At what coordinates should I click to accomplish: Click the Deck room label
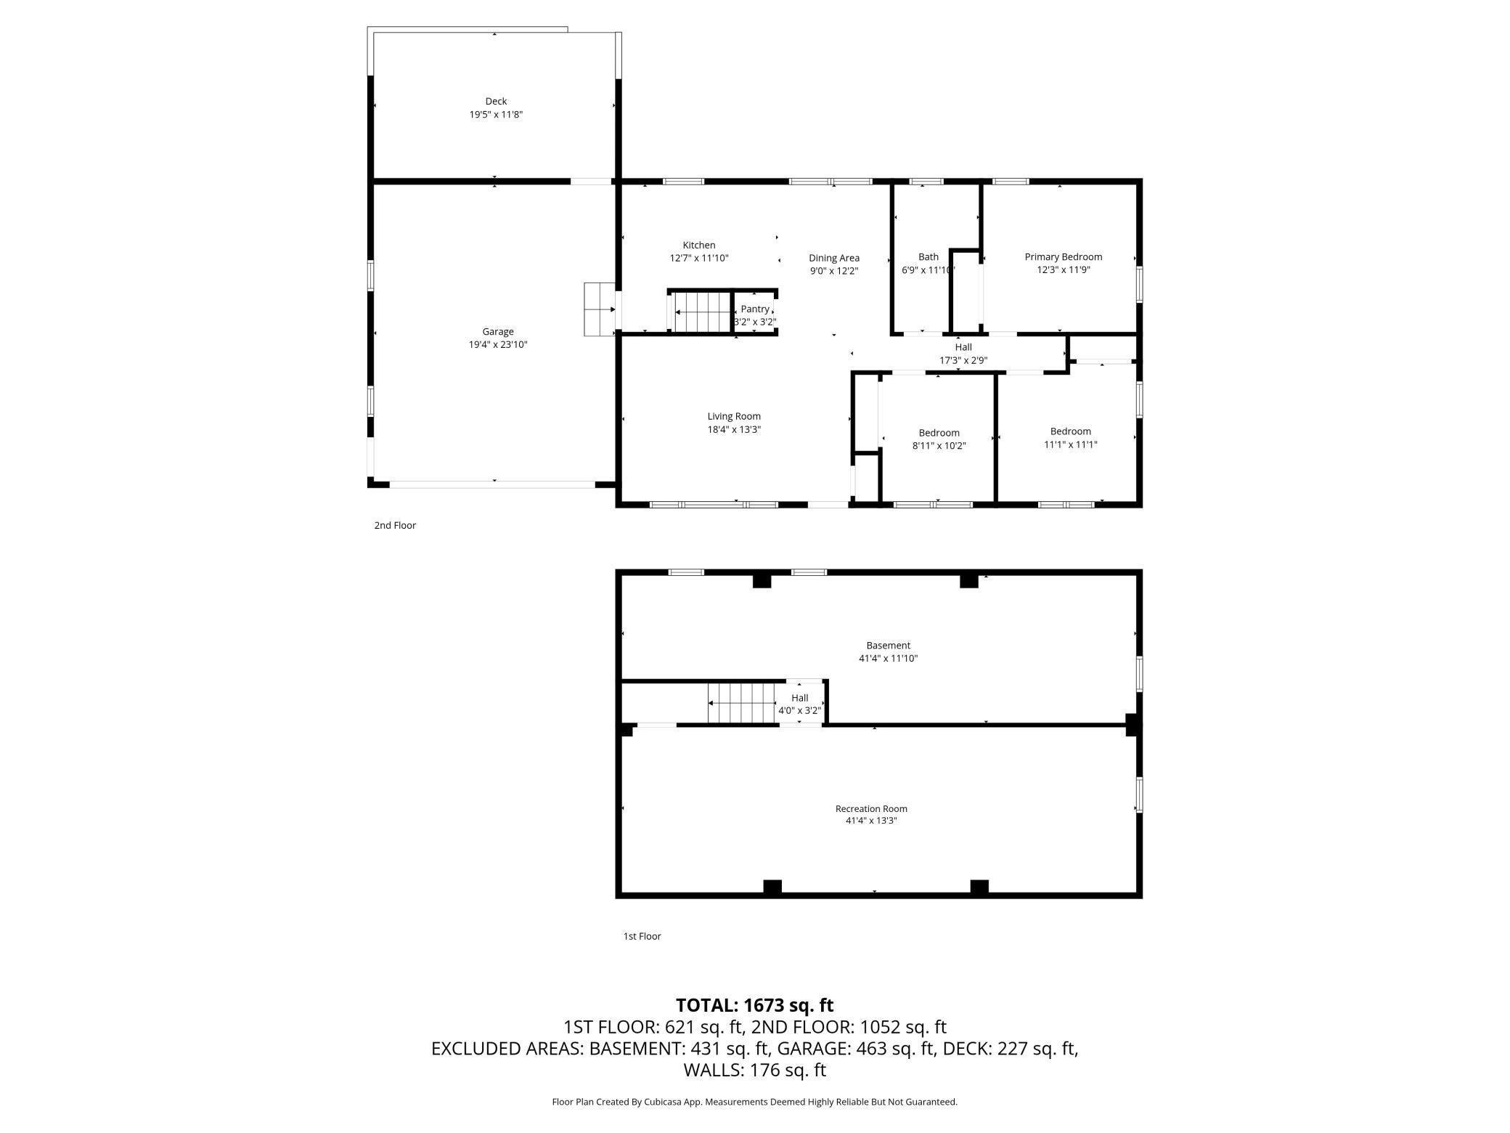click(x=496, y=101)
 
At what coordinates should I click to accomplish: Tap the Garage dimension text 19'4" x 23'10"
click(x=498, y=345)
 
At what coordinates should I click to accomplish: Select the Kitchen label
click(x=699, y=245)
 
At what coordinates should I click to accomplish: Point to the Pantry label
click(x=755, y=309)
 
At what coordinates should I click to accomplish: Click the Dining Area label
click(x=834, y=258)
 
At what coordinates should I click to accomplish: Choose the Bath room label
click(x=929, y=256)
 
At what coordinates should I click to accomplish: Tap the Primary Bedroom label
click(x=1064, y=257)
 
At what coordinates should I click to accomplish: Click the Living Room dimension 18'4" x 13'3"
click(x=734, y=430)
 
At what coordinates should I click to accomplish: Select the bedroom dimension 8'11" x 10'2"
click(x=939, y=446)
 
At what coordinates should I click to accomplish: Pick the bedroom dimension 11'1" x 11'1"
click(x=1071, y=444)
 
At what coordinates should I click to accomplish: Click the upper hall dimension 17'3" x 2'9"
click(x=963, y=360)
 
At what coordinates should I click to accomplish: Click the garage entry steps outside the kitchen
click(x=600, y=309)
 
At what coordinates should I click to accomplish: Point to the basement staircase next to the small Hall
click(x=741, y=703)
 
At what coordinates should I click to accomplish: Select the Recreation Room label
click(x=871, y=808)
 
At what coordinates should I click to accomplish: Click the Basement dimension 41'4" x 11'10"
click(x=889, y=659)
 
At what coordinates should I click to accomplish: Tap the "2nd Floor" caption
click(x=395, y=525)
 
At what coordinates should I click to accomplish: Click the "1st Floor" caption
click(x=642, y=936)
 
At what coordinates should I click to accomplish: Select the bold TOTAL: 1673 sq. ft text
click(x=755, y=1005)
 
